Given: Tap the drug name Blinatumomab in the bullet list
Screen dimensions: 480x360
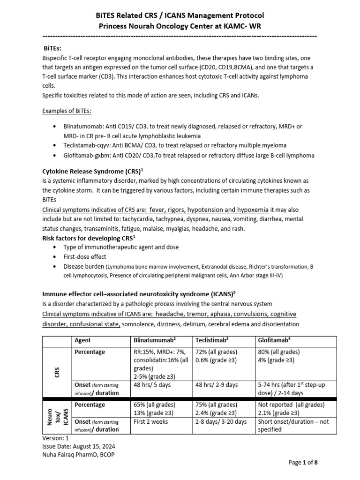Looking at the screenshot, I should pos(85,127).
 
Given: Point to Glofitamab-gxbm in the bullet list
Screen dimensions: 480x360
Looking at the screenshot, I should pos(87,155).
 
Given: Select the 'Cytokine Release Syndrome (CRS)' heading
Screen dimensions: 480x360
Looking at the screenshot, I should pos(88,172).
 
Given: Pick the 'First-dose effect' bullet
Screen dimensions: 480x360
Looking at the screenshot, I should pos(85,257).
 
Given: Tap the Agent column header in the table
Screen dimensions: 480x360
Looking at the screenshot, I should pos(83,340).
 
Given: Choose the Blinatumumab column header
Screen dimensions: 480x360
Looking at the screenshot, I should pos(155,340).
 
